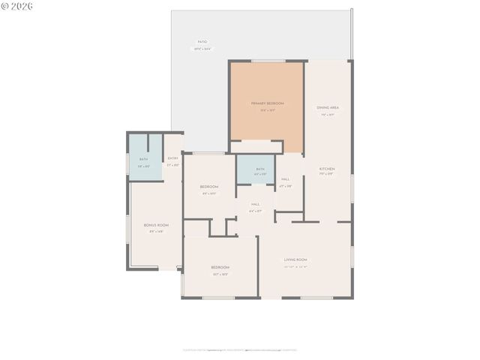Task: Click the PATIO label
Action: (x=202, y=42)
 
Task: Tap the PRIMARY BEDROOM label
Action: (x=267, y=103)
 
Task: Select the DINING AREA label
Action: (x=328, y=107)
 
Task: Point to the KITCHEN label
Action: (x=327, y=169)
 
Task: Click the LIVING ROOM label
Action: (x=295, y=259)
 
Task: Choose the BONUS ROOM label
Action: (x=156, y=225)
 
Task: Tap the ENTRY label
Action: (x=172, y=158)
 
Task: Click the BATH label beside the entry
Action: (x=143, y=159)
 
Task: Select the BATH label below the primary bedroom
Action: (x=260, y=169)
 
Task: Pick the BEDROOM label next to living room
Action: (x=220, y=267)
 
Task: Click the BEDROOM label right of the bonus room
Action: (x=208, y=186)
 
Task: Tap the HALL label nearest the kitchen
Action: (x=286, y=179)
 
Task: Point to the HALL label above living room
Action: (x=255, y=204)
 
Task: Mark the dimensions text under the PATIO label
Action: (x=202, y=49)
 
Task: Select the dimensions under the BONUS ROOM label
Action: (x=156, y=232)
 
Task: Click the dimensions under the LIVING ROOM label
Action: (x=295, y=266)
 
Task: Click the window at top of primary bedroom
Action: (x=267, y=61)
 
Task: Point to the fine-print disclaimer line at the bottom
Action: (x=240, y=349)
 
